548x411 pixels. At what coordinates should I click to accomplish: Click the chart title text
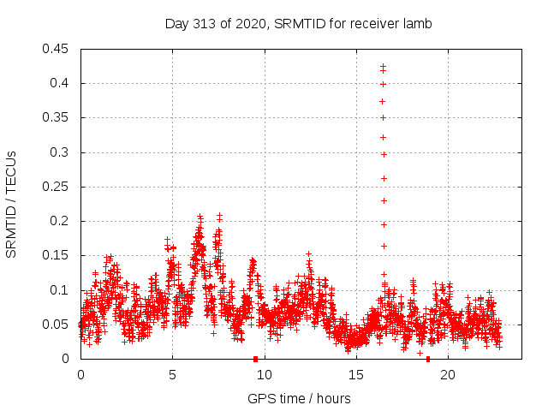click(298, 23)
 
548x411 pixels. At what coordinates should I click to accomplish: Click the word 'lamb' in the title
click(418, 23)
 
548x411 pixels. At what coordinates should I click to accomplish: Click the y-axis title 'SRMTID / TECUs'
click(12, 204)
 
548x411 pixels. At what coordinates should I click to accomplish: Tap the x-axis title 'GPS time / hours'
click(299, 398)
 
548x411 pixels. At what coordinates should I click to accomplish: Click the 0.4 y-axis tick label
click(63, 83)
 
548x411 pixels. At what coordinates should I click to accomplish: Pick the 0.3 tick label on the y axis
click(63, 152)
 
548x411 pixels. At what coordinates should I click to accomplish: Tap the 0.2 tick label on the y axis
click(63, 221)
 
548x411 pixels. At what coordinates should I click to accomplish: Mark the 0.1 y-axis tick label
click(63, 290)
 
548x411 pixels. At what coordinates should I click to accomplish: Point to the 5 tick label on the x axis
click(172, 374)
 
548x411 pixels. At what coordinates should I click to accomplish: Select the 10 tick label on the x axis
click(265, 374)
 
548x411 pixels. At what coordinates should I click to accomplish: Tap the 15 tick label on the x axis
click(356, 374)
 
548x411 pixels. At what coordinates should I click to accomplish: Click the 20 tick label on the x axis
click(448, 374)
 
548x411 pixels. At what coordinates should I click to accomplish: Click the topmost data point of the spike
click(383, 66)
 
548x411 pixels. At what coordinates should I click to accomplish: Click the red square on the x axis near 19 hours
click(428, 359)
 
